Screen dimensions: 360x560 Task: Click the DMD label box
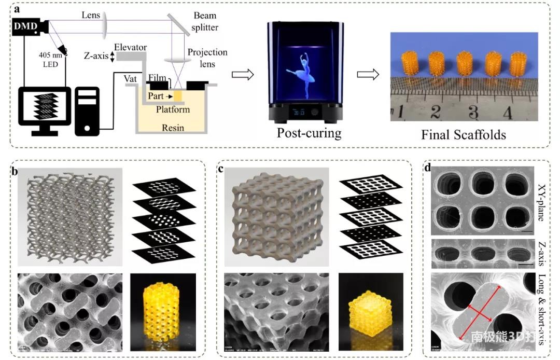point(25,25)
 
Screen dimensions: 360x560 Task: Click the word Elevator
point(131,47)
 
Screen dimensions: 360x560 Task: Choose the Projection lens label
point(207,58)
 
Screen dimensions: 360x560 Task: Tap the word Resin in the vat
point(173,127)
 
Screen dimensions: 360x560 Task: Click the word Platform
point(173,109)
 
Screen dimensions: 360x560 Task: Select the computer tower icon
point(88,109)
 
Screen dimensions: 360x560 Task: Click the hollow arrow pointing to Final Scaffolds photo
point(366,75)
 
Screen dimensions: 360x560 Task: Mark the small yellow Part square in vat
point(178,96)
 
